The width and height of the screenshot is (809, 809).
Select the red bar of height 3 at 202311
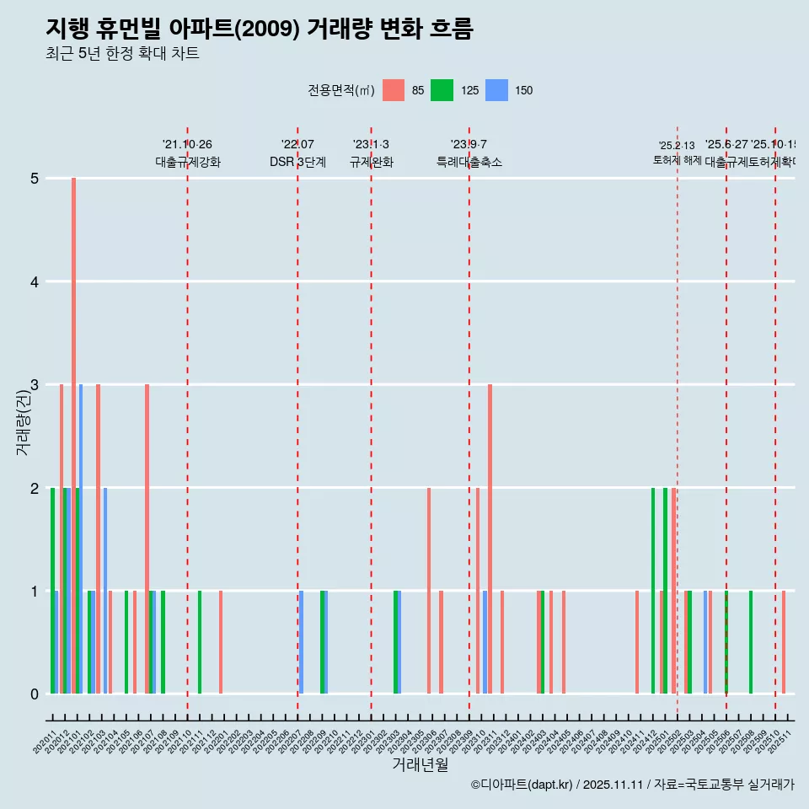[x=490, y=539]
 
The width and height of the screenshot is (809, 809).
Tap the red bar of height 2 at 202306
[x=429, y=590]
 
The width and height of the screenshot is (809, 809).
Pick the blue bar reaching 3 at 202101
[x=81, y=539]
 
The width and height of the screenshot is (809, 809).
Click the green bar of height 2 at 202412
[x=653, y=590]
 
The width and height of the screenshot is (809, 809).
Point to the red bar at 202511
[x=784, y=642]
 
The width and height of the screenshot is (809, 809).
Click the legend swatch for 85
[x=394, y=90]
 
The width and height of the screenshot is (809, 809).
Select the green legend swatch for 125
[x=442, y=90]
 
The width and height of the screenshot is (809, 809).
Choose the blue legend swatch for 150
[x=497, y=90]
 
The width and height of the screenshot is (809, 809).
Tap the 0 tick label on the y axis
[x=35, y=694]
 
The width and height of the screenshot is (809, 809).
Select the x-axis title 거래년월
[x=420, y=764]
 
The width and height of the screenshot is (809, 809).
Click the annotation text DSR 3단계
[x=297, y=162]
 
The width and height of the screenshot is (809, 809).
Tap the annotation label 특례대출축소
[x=469, y=162]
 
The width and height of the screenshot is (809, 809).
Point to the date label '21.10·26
[x=187, y=145]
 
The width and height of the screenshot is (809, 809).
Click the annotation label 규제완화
[x=371, y=162]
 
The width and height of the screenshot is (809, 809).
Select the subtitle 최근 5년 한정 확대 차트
[x=122, y=54]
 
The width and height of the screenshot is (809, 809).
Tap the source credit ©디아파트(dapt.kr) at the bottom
[x=522, y=785]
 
